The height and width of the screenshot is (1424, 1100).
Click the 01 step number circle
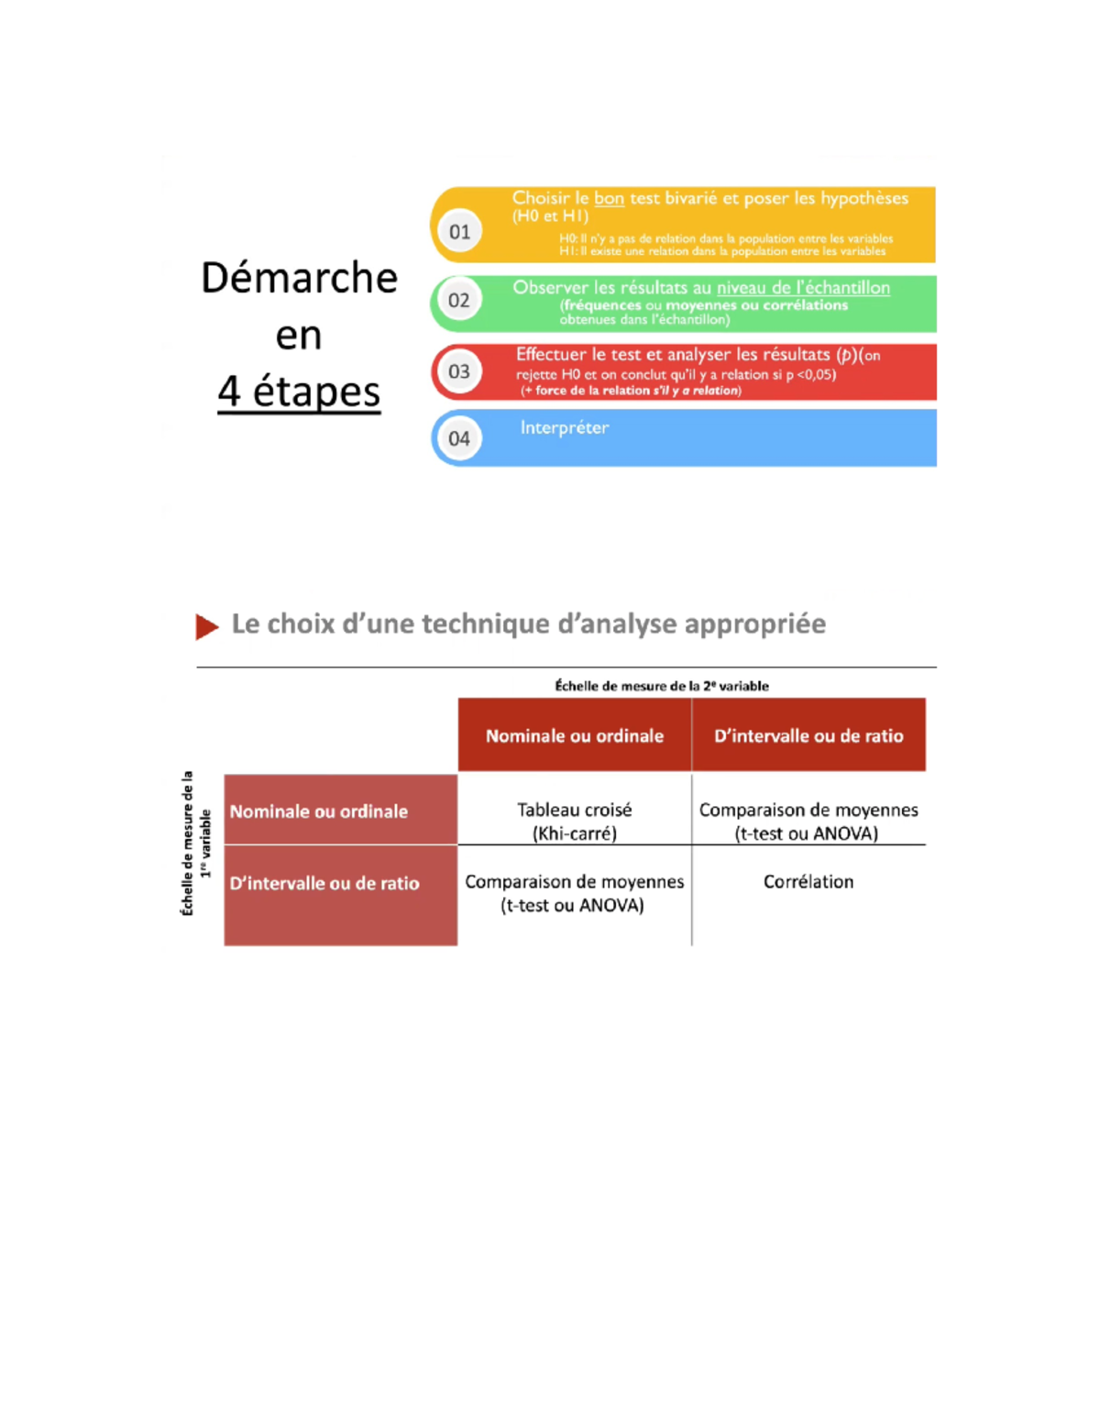coord(459,232)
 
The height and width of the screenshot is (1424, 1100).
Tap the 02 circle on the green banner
coord(459,301)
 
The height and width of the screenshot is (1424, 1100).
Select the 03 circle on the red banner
coord(459,371)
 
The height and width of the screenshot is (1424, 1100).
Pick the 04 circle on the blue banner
coord(459,438)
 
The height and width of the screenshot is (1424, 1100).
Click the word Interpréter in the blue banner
coord(564,427)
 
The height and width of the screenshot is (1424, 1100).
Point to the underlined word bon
coord(609,198)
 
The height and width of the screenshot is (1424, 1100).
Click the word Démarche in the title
coord(299,278)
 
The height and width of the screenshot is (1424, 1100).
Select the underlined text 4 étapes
coord(299,392)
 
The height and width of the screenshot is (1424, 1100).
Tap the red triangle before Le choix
coord(207,626)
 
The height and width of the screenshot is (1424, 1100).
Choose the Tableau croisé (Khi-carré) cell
coord(575,821)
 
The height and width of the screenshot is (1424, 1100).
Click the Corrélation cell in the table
coord(808,881)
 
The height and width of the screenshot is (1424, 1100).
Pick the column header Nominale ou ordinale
coord(575,735)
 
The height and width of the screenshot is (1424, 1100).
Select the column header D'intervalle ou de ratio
coord(808,735)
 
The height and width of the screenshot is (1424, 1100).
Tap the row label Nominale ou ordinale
coord(319,811)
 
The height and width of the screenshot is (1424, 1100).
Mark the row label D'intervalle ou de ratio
coord(324,883)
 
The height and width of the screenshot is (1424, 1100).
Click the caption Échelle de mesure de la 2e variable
coord(662,686)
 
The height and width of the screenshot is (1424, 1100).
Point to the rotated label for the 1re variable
coord(197,844)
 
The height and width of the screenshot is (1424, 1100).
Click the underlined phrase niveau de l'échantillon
coord(803,288)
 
